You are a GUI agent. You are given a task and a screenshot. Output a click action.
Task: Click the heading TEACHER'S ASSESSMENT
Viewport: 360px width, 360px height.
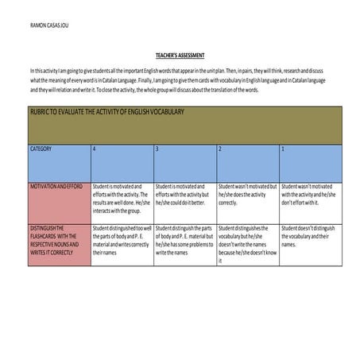(180, 56)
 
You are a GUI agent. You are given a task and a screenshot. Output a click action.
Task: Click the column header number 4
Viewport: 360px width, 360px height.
(95, 149)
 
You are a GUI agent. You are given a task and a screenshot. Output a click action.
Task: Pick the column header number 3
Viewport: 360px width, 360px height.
(157, 149)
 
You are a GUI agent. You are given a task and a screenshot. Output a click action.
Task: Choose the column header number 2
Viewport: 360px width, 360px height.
(220, 149)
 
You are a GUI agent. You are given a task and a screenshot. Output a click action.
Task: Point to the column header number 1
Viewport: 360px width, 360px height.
(283, 149)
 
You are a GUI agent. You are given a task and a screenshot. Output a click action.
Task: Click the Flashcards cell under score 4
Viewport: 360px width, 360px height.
(121, 242)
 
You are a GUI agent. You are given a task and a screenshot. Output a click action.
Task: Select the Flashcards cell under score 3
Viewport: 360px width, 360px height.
(184, 242)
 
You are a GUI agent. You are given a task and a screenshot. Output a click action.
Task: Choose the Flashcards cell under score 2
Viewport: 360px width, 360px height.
(246, 244)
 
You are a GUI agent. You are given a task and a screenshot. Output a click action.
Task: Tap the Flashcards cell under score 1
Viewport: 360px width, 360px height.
(308, 238)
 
